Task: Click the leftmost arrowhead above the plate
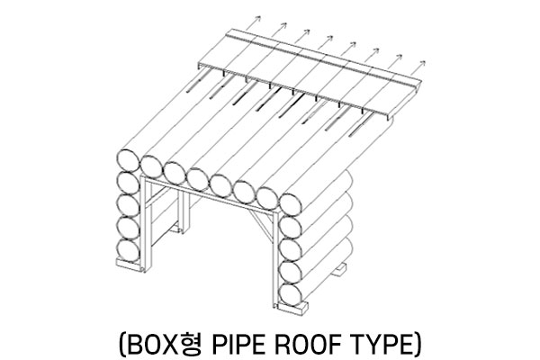point(258,18)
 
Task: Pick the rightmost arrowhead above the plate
point(422,63)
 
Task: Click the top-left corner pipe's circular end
point(128,160)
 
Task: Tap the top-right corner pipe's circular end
point(291,205)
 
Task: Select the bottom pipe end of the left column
point(128,250)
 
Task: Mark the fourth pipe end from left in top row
point(198,179)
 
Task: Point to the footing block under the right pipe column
point(293,307)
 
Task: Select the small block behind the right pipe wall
point(339,269)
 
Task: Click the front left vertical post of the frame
point(146,223)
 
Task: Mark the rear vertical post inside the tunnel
point(184,211)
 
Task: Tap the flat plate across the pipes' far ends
point(310,74)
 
